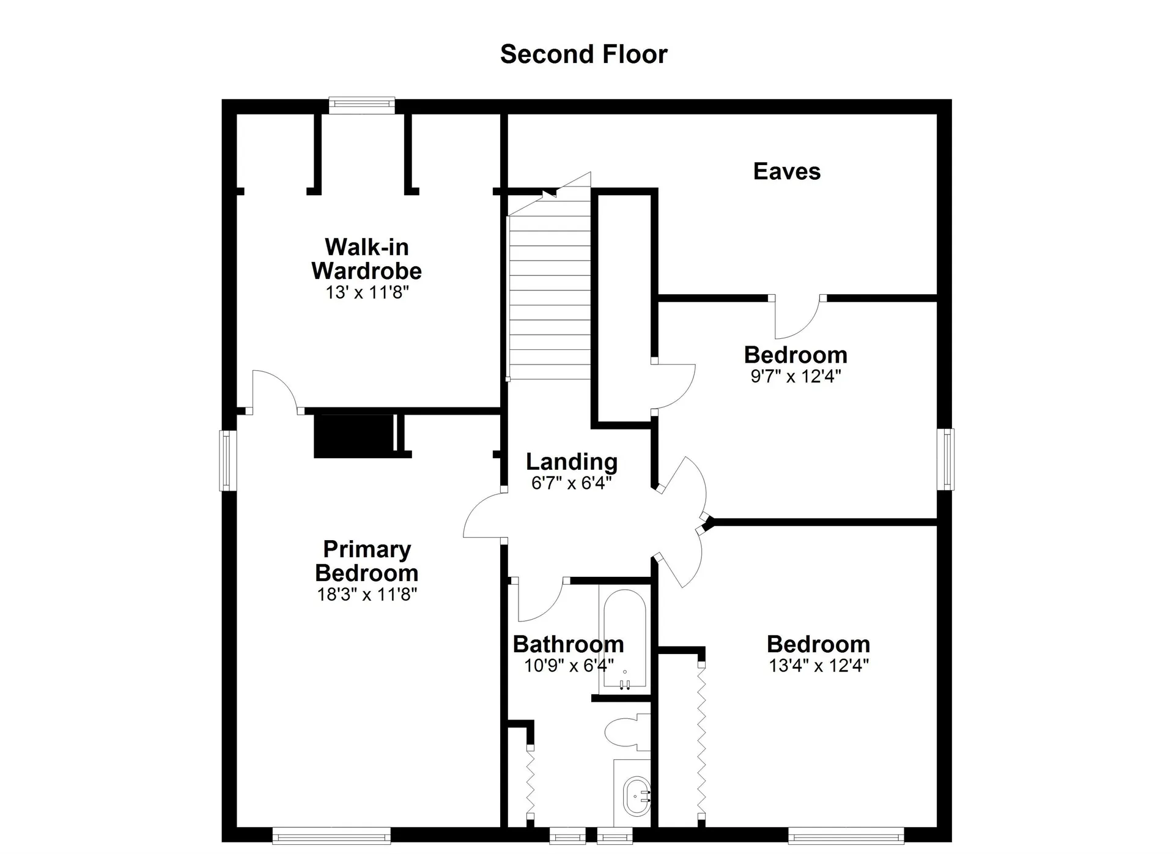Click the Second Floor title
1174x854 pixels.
pos(583,54)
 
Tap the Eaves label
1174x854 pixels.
pos(787,171)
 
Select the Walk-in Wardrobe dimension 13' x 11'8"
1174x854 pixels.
pos(367,292)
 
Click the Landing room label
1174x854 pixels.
pos(572,462)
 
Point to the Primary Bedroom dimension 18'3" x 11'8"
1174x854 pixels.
pos(367,594)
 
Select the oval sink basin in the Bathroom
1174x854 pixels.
pos(637,796)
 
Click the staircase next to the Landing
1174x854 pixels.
pos(550,288)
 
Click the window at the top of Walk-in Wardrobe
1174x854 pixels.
pos(362,106)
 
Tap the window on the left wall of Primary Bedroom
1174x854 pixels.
pos(228,461)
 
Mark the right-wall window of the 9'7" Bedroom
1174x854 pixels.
pos(945,459)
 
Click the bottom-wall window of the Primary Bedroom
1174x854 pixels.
pos(331,836)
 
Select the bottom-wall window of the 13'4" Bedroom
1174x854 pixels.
pos(846,836)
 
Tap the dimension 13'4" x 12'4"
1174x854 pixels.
pos(819,666)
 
